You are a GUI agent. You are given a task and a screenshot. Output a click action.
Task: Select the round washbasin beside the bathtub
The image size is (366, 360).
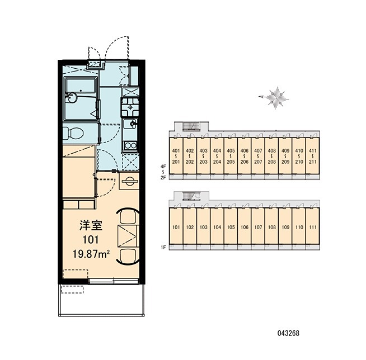point(71,97)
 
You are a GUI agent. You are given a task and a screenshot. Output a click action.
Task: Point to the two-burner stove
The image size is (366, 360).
point(130,145)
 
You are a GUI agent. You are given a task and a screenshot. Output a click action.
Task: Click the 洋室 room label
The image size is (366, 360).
point(91,225)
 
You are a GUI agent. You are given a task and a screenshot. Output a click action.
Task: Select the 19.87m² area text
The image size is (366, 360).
point(91,254)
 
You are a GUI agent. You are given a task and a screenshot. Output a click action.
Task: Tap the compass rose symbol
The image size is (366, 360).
point(275,98)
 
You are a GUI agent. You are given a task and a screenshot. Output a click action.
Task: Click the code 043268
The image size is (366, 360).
point(288,333)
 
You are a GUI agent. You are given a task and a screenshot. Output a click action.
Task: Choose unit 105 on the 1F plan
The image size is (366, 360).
point(231,227)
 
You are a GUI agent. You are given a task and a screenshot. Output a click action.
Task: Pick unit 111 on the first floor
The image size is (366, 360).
point(313,227)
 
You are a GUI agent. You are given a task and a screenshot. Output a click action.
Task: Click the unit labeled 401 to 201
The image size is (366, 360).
point(176,156)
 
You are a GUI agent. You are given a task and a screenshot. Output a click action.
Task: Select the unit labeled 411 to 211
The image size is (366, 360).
point(313,156)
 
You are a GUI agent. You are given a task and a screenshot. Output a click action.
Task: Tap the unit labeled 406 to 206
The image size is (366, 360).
point(245,156)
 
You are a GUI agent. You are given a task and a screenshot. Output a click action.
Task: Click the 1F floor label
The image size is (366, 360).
point(163,247)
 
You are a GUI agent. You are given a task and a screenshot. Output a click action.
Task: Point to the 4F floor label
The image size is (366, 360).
point(163,167)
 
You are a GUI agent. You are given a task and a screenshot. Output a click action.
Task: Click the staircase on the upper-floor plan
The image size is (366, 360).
point(191,126)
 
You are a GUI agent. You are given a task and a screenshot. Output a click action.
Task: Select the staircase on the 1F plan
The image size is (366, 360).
point(191,196)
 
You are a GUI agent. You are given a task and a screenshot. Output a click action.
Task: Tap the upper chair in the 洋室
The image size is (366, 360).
point(128,216)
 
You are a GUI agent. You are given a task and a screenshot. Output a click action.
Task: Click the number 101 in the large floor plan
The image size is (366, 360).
point(91,239)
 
